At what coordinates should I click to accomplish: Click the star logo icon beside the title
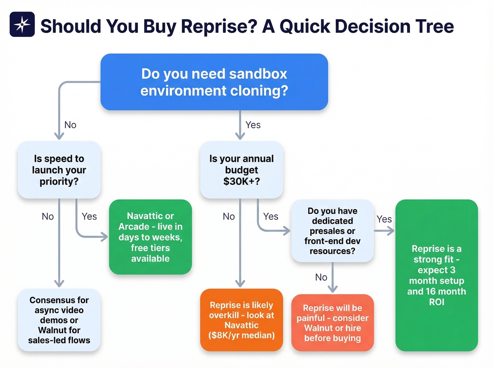tap(22, 24)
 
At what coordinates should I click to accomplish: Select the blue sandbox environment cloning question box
tap(214, 82)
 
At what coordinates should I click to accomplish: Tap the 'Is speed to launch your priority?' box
tap(59, 170)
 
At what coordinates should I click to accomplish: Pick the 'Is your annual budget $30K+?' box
tap(242, 170)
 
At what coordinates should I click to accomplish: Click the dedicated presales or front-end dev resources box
tap(332, 231)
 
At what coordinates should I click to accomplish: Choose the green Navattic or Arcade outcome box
tap(150, 237)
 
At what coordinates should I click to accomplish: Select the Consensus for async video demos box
tap(59, 320)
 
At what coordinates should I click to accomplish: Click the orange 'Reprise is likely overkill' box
tap(242, 320)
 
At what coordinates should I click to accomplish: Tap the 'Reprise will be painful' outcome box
tap(332, 323)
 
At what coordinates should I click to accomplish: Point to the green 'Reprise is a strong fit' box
tap(436, 275)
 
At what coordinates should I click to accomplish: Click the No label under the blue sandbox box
tap(70, 125)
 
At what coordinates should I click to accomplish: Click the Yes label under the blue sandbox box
tap(253, 125)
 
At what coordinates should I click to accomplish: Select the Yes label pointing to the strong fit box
tap(384, 219)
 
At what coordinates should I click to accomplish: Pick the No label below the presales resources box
tap(321, 277)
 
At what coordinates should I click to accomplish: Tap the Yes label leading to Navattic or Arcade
tap(89, 216)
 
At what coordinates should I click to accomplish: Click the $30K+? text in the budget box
tap(242, 181)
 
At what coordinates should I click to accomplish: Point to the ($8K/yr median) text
tap(242, 335)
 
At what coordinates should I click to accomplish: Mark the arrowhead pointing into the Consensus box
tap(59, 283)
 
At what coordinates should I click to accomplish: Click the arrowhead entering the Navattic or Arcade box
tap(105, 237)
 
